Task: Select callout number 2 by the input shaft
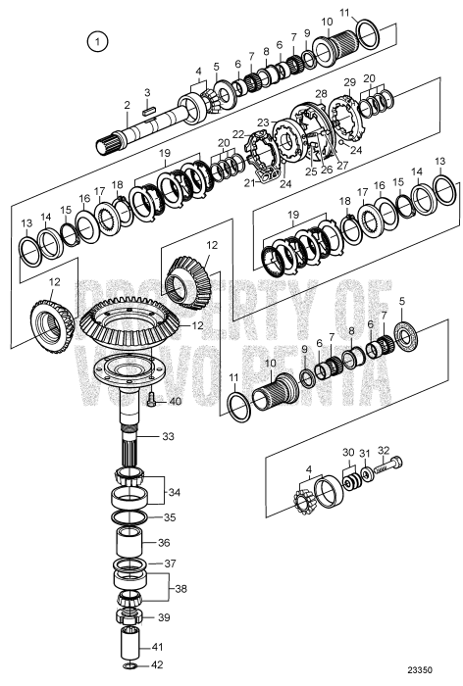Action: [x=127, y=104]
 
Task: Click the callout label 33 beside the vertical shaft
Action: [x=168, y=436]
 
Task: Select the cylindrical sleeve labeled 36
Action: [x=130, y=542]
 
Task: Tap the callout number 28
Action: [x=320, y=93]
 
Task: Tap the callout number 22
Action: [x=237, y=133]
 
